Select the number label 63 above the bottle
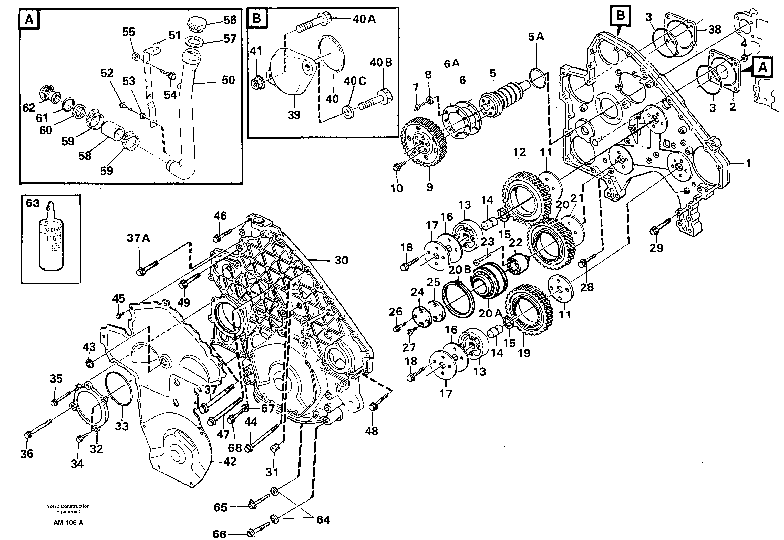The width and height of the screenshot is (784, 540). click(33, 203)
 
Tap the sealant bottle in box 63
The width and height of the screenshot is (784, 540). click(52, 244)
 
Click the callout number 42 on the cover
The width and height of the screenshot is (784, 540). click(230, 462)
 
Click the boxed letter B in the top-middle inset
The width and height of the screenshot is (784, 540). click(257, 18)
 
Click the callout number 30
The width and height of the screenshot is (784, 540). click(341, 260)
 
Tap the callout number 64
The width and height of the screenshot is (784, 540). click(323, 520)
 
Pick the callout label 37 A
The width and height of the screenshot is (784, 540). click(138, 238)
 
